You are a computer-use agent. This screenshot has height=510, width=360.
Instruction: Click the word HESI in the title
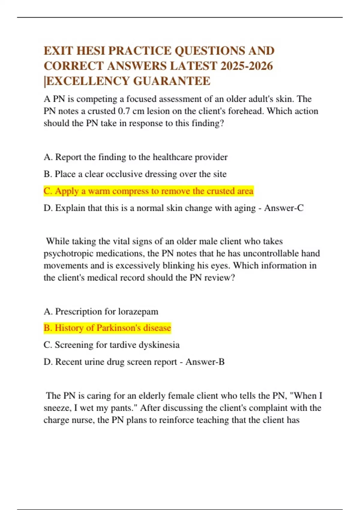point(90,51)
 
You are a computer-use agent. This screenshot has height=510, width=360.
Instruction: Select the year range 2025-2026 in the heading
point(247,66)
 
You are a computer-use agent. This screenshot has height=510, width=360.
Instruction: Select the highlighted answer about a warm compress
point(148,191)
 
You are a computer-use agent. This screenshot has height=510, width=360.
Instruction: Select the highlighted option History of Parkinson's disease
point(107,328)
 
